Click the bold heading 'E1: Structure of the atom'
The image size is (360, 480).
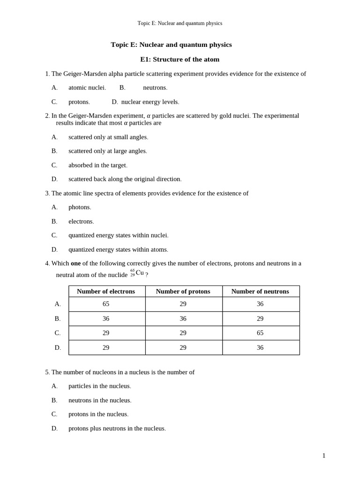(x=180, y=60)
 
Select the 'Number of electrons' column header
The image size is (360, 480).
(x=106, y=292)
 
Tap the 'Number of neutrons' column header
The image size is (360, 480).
(x=260, y=292)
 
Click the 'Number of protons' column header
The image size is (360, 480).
(x=183, y=292)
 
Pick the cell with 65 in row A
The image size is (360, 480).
(x=106, y=304)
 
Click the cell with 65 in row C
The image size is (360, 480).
(x=260, y=333)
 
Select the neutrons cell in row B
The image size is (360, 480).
(x=260, y=319)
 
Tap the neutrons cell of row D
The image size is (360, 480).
(x=260, y=347)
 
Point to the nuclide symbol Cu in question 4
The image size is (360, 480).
(x=139, y=273)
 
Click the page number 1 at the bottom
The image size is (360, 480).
(x=323, y=456)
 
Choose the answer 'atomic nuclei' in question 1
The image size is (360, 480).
(x=87, y=88)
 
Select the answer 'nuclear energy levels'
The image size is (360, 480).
(x=150, y=102)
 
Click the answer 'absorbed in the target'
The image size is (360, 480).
(x=97, y=165)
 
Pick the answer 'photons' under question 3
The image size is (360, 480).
(x=80, y=207)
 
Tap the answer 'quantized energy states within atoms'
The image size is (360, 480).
(x=118, y=249)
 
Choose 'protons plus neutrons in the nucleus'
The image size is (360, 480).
(x=117, y=428)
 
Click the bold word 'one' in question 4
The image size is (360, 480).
(x=75, y=263)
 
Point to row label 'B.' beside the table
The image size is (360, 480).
(x=58, y=319)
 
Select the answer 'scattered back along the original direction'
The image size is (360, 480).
(x=125, y=179)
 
